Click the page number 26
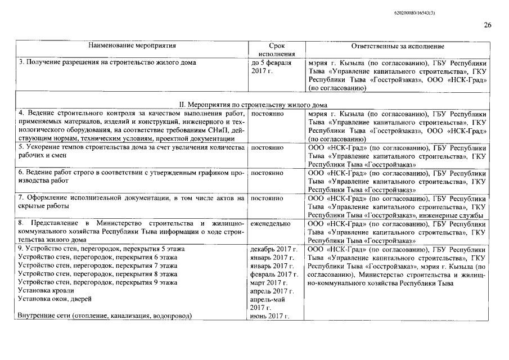click(487, 25)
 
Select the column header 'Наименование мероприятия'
click(132, 46)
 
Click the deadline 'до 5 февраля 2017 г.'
click(271, 67)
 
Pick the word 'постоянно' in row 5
click(267, 147)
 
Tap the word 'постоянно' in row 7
click(267, 198)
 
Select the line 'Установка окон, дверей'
click(55, 299)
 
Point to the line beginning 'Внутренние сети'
click(105, 316)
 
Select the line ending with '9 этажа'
click(98, 282)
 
